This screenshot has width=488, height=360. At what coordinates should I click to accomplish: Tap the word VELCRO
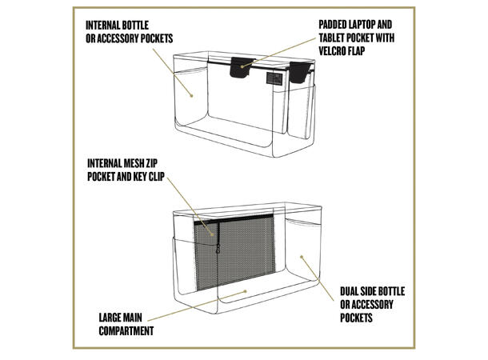tap(333, 51)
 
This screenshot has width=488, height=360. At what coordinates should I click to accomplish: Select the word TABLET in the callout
tap(332, 38)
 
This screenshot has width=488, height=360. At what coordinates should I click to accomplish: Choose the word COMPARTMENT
tap(126, 330)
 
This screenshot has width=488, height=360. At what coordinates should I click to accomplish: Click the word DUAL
tap(349, 291)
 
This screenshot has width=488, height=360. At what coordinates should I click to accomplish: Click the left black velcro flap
tap(241, 67)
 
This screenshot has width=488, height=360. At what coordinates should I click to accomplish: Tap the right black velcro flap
tap(300, 72)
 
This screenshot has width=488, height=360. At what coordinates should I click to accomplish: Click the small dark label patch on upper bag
tap(274, 78)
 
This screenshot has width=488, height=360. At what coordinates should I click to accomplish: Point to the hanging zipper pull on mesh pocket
tap(218, 248)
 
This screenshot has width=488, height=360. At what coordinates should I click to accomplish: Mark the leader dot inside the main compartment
tap(246, 291)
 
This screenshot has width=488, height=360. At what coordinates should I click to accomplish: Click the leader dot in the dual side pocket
tap(302, 257)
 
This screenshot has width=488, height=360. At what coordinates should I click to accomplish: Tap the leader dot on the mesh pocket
tap(213, 234)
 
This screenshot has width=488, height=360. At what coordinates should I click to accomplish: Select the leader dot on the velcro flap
tap(242, 66)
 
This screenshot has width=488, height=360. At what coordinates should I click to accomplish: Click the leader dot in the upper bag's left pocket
tap(192, 95)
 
